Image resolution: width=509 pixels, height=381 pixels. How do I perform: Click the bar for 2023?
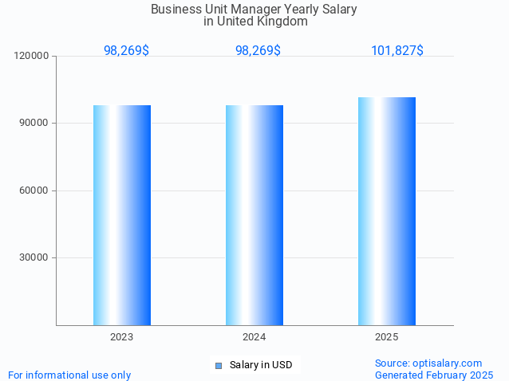[x=122, y=215]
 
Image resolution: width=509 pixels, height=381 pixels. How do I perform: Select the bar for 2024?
[x=254, y=215]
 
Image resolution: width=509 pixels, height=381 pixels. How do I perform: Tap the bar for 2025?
[x=387, y=211]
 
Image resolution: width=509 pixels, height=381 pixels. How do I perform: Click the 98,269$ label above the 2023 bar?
[x=126, y=50]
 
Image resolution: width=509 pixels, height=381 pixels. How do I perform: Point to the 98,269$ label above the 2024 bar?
[x=258, y=50]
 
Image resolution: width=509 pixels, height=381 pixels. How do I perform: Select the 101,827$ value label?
[x=397, y=50]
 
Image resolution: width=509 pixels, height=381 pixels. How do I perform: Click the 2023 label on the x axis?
[x=122, y=337]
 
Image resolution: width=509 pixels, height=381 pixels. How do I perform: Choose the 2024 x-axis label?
[x=254, y=337]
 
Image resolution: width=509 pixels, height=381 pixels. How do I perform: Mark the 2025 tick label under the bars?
[x=387, y=337]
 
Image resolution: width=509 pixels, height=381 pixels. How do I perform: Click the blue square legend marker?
[x=218, y=365]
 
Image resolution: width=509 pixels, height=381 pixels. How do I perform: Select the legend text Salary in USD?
[x=261, y=365]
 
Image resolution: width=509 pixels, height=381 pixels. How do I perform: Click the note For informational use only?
[x=69, y=375]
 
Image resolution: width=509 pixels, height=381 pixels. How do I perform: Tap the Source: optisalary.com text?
[x=428, y=363]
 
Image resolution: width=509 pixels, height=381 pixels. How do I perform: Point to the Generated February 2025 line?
[x=434, y=375]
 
